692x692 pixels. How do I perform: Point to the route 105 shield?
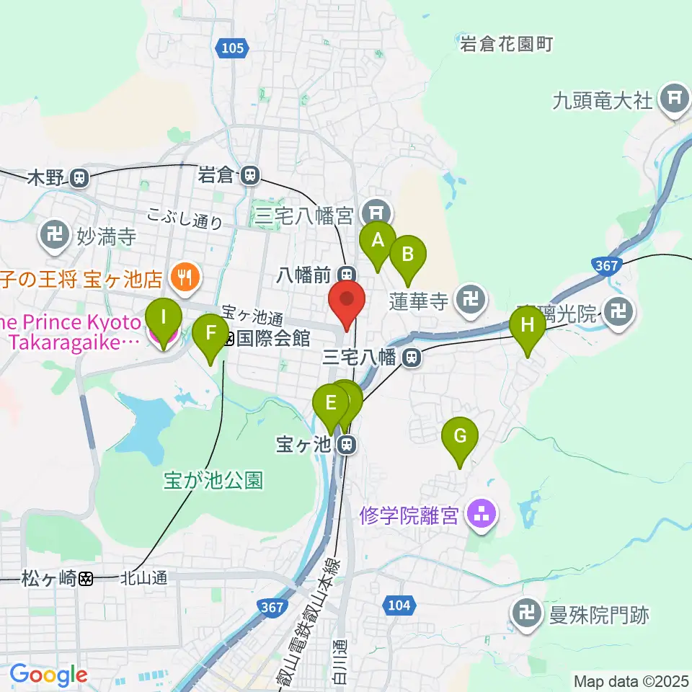click(x=233, y=48)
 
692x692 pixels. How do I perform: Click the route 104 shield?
click(x=399, y=606)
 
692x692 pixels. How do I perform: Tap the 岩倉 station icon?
click(x=250, y=174)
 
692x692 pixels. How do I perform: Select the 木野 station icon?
click(x=79, y=176)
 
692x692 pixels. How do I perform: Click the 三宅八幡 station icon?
click(x=412, y=356)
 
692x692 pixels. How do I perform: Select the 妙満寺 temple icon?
click(x=54, y=234)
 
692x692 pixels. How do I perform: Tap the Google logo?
click(x=48, y=675)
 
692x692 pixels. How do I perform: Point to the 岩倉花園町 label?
click(x=507, y=44)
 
